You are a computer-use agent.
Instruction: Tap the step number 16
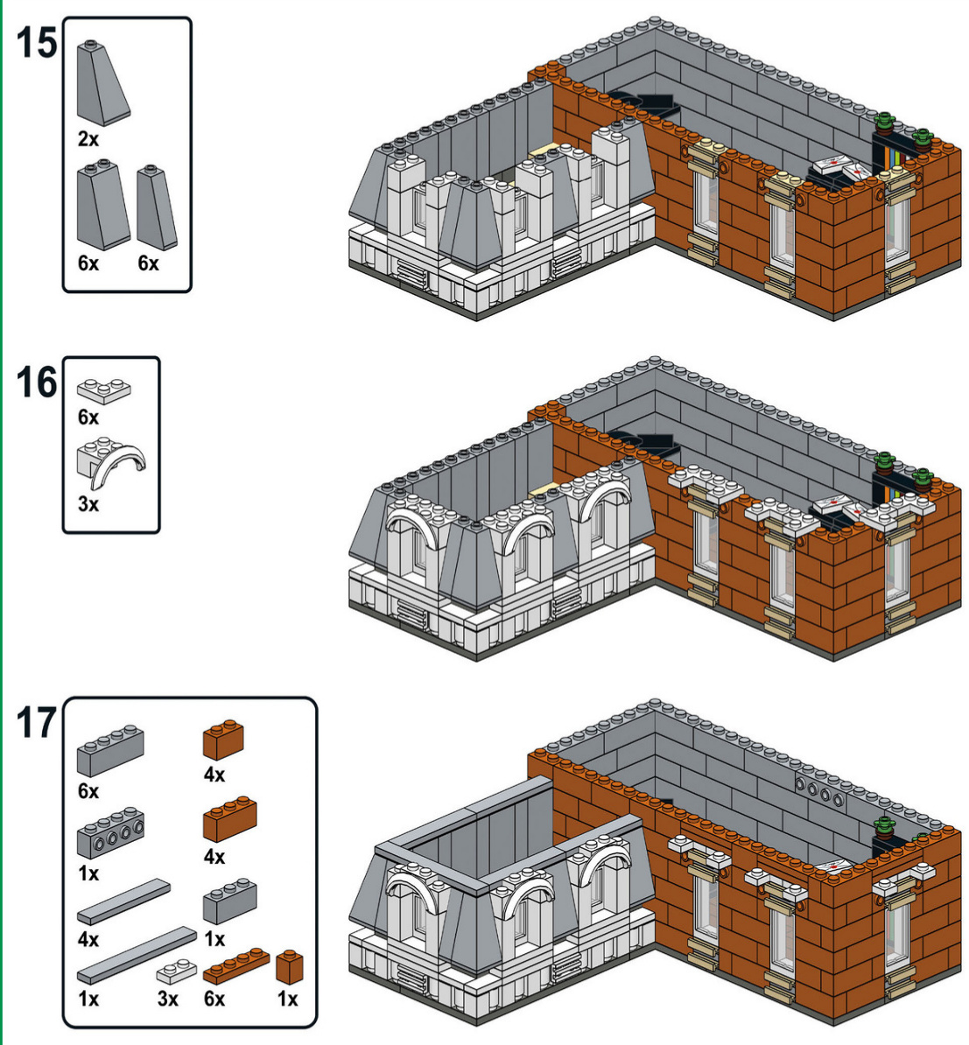point(37,383)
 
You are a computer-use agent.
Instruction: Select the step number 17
point(37,724)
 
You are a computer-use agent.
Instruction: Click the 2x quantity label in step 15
point(88,139)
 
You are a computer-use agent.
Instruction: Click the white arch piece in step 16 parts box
point(114,464)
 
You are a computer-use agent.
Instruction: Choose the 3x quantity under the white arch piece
point(88,504)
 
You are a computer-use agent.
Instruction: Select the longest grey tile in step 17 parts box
point(137,955)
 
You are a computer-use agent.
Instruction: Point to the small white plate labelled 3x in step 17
point(176,971)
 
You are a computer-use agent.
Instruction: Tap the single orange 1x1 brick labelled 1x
point(289,967)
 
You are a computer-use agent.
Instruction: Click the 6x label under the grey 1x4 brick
point(88,791)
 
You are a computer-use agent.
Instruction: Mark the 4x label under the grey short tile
point(88,939)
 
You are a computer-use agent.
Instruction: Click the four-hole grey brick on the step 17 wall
point(819,789)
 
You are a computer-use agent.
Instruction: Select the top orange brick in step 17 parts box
point(223,740)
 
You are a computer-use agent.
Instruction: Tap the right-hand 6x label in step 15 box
point(149,263)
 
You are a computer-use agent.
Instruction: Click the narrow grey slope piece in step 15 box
point(157,207)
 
